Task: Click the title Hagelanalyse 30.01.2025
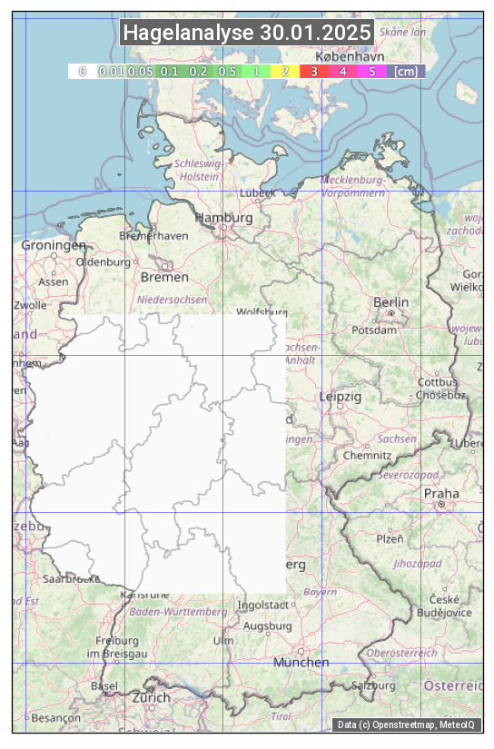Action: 247,33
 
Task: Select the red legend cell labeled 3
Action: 313,71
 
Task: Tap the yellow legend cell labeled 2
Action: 284,71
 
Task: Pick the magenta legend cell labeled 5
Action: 372,71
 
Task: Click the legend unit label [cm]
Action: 406,71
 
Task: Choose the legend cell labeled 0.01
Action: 111,71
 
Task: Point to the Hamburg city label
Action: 224,218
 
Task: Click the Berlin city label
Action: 391,301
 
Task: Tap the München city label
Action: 301,662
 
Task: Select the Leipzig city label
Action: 341,397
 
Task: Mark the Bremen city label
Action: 164,276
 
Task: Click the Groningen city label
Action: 54,245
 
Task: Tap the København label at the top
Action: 351,55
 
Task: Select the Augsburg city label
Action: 268,626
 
